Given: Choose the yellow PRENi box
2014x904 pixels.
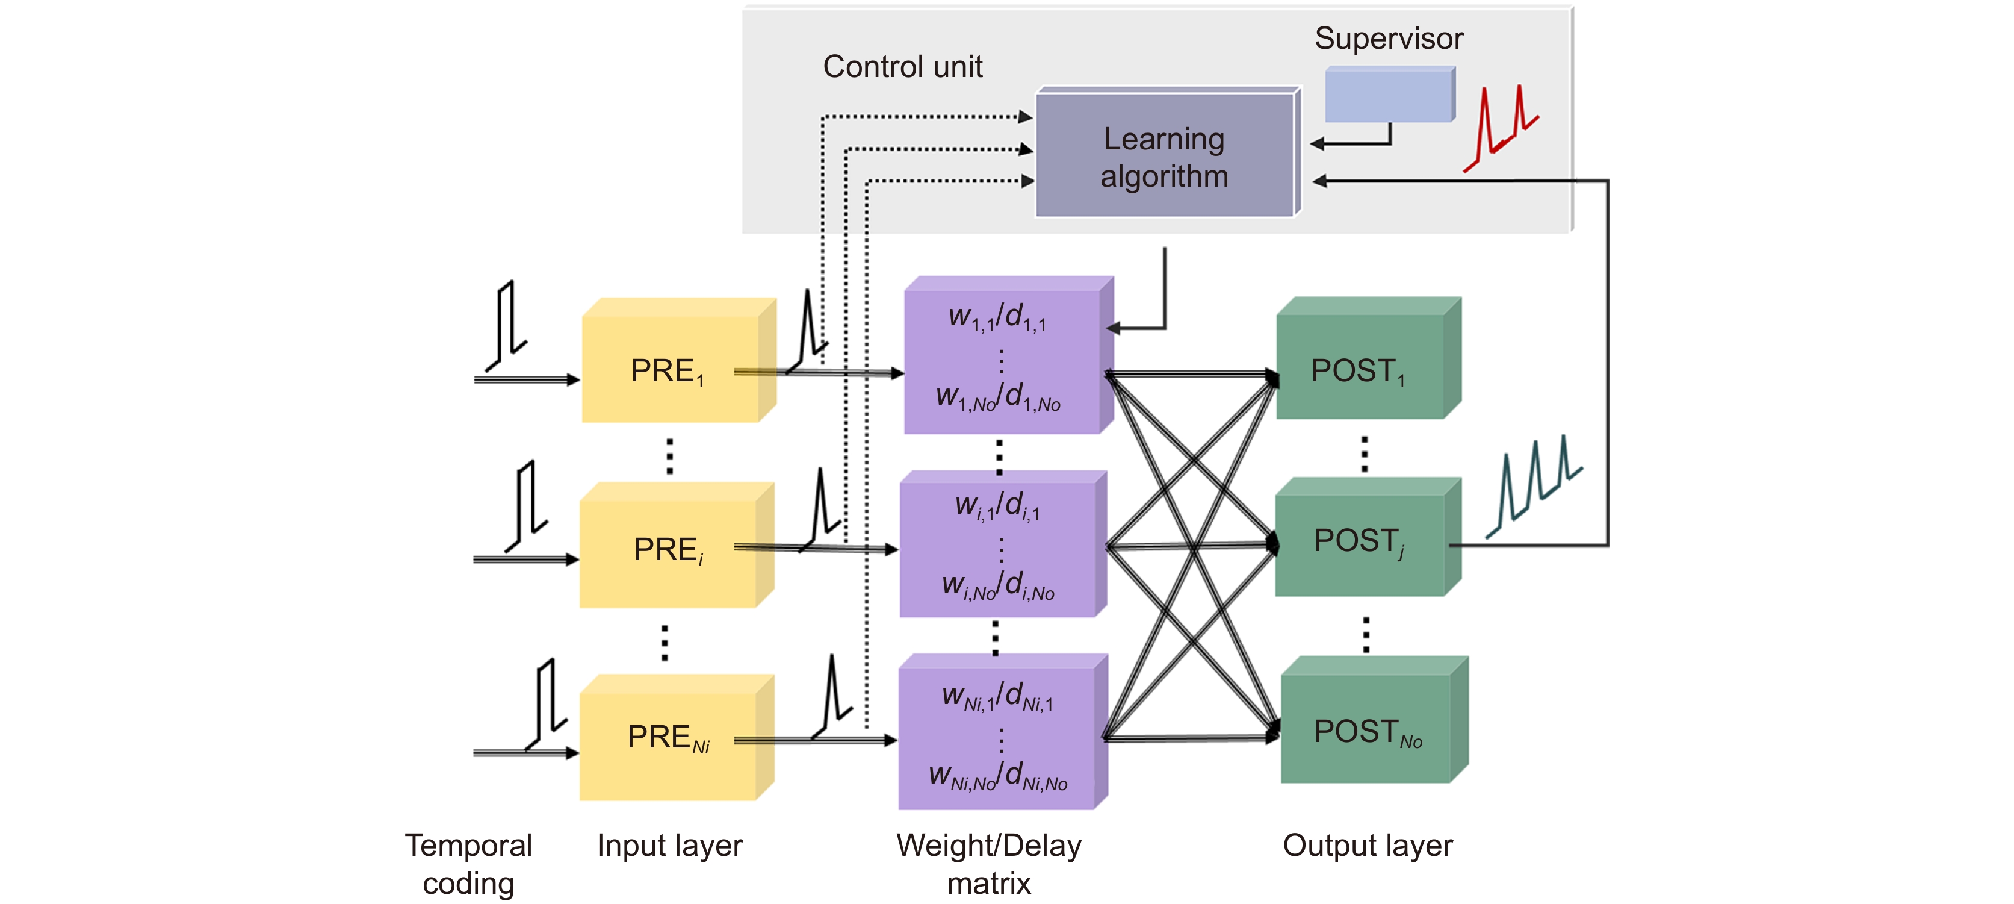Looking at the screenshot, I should click(669, 739).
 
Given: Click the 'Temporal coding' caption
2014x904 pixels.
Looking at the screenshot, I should click(468, 864).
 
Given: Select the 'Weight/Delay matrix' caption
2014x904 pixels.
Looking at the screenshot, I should click(989, 864).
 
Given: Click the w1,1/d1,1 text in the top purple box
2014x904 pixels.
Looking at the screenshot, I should click(997, 317).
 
